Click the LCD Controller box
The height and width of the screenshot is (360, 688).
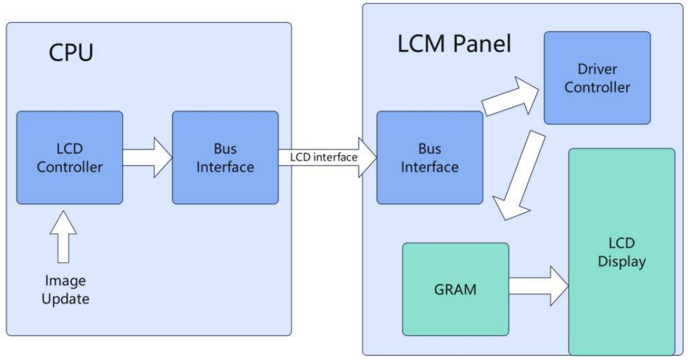pyautogui.click(x=69, y=158)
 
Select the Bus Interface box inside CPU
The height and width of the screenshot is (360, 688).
pyautogui.click(x=226, y=158)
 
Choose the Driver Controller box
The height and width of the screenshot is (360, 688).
pyautogui.click(x=597, y=77)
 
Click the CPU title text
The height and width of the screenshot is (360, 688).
pyautogui.click(x=71, y=52)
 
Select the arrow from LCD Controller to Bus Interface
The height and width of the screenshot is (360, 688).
pyautogui.click(x=147, y=157)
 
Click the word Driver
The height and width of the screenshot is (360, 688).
pyautogui.click(x=597, y=69)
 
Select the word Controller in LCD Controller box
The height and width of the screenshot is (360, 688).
pyautogui.click(x=69, y=167)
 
